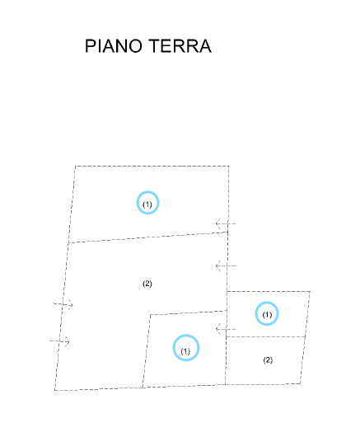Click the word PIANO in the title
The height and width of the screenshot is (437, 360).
(114, 46)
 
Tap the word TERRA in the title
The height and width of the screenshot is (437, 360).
(180, 46)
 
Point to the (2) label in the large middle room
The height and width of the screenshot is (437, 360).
(147, 284)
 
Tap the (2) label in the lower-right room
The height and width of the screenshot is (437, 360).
(268, 360)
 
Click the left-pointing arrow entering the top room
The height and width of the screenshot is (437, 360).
(226, 223)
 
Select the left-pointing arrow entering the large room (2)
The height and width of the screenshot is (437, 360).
(226, 265)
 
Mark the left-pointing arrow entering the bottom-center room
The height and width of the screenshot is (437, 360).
(226, 329)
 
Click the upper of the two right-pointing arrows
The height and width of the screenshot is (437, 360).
(63, 304)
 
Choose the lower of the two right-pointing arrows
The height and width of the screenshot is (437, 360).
(59, 341)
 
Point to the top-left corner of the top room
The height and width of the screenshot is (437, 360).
(75, 166)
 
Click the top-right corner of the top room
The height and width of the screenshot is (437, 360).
(229, 166)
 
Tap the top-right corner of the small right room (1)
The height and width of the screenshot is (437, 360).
(311, 292)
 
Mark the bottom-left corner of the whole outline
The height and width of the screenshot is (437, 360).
(55, 390)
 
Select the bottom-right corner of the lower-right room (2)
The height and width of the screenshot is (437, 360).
(301, 384)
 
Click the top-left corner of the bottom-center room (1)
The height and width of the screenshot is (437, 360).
(151, 315)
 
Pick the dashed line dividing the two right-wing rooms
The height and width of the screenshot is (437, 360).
(265, 337)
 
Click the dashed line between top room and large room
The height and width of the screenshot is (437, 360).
(148, 237)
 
